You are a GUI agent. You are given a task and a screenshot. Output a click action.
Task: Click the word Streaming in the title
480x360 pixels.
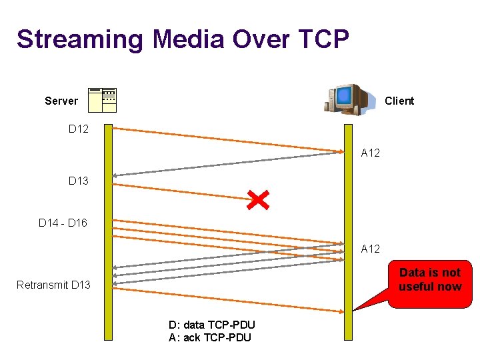[x=79, y=39]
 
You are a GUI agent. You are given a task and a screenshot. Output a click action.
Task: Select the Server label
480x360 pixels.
[x=61, y=101]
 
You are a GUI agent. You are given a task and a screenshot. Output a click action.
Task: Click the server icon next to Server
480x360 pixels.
[x=103, y=99]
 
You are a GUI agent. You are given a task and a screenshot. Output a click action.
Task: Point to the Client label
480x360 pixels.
[x=399, y=101]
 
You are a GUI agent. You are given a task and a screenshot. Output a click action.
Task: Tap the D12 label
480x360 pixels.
[x=79, y=128]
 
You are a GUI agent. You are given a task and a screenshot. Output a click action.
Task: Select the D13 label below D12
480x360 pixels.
[x=79, y=181]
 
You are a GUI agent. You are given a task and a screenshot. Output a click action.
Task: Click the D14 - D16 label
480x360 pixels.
[x=63, y=223]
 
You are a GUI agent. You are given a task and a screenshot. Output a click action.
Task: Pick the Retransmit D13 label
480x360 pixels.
[x=53, y=285]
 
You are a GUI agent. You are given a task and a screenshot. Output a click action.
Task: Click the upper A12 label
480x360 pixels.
[x=371, y=153]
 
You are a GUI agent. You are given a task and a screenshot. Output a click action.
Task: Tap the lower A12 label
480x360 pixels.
[x=371, y=249]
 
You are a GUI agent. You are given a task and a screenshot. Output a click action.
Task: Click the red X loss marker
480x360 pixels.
[x=257, y=198]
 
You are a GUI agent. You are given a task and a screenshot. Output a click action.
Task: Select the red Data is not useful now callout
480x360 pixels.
[x=430, y=283]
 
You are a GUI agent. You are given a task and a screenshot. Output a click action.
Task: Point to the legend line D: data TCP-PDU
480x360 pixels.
[x=211, y=325]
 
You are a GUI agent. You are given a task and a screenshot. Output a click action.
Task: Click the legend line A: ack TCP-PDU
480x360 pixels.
[x=210, y=337]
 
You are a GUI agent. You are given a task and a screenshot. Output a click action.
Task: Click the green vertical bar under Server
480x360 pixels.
[x=108, y=233]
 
